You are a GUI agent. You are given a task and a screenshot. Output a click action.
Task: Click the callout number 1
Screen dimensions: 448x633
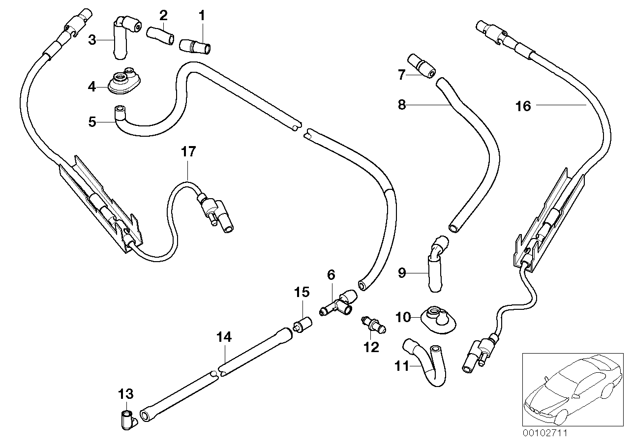(x=201, y=15)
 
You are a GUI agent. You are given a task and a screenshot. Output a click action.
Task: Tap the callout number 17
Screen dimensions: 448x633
(x=188, y=151)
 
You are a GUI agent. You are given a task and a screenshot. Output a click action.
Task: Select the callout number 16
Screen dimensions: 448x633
(x=524, y=106)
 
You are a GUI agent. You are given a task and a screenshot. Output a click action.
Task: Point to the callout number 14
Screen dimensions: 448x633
(x=224, y=337)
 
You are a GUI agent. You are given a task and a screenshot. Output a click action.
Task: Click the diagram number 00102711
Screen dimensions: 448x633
(x=545, y=434)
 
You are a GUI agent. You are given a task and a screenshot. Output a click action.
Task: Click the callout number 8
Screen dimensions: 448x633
(x=402, y=105)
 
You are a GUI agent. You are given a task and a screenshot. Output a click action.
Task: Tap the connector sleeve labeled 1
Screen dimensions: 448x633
(x=194, y=46)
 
